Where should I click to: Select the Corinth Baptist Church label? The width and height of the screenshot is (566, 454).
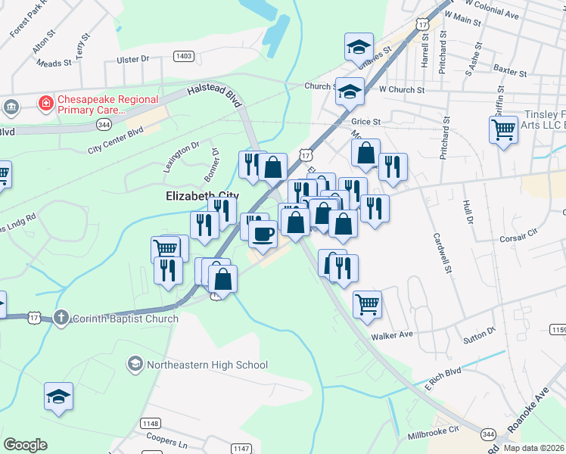[x=125, y=319]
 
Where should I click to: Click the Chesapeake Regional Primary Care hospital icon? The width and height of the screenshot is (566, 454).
[x=45, y=102]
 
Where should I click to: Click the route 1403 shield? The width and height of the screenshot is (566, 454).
[x=183, y=56]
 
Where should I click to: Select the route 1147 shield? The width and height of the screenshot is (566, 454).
[x=241, y=449]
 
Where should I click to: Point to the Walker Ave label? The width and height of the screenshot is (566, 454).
[x=391, y=336]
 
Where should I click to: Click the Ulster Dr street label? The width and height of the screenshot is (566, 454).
[x=134, y=58]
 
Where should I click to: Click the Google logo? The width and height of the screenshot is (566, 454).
[x=25, y=445]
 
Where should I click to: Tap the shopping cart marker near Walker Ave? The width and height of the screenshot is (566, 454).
[x=367, y=303]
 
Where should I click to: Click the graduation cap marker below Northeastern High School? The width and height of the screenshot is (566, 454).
[x=58, y=396]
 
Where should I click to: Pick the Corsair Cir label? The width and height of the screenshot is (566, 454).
[x=518, y=238]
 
